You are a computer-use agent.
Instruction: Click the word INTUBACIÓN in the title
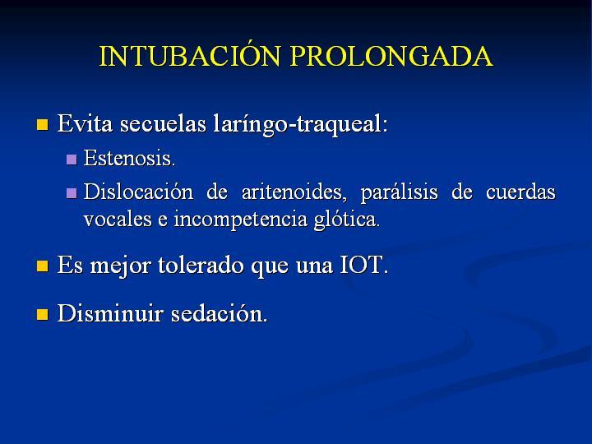point(190,56)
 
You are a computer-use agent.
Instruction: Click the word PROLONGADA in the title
point(391,56)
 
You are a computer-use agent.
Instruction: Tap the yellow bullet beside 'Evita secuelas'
point(42,125)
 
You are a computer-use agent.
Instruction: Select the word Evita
point(85,123)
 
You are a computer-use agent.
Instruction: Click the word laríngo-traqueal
point(301,124)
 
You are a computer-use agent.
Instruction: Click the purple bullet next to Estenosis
point(72,160)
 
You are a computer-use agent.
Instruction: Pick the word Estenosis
point(129,158)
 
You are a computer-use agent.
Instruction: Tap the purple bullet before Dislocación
point(72,193)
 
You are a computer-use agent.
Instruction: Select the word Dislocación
point(138,192)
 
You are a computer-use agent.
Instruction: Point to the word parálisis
point(399,192)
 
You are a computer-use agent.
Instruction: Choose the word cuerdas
point(520,192)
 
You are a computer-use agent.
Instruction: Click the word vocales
point(118,219)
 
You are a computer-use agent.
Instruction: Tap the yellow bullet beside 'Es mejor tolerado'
point(42,266)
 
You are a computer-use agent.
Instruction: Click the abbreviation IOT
point(364,265)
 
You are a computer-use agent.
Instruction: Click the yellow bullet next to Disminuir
point(42,314)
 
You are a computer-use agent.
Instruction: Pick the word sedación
point(219,313)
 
